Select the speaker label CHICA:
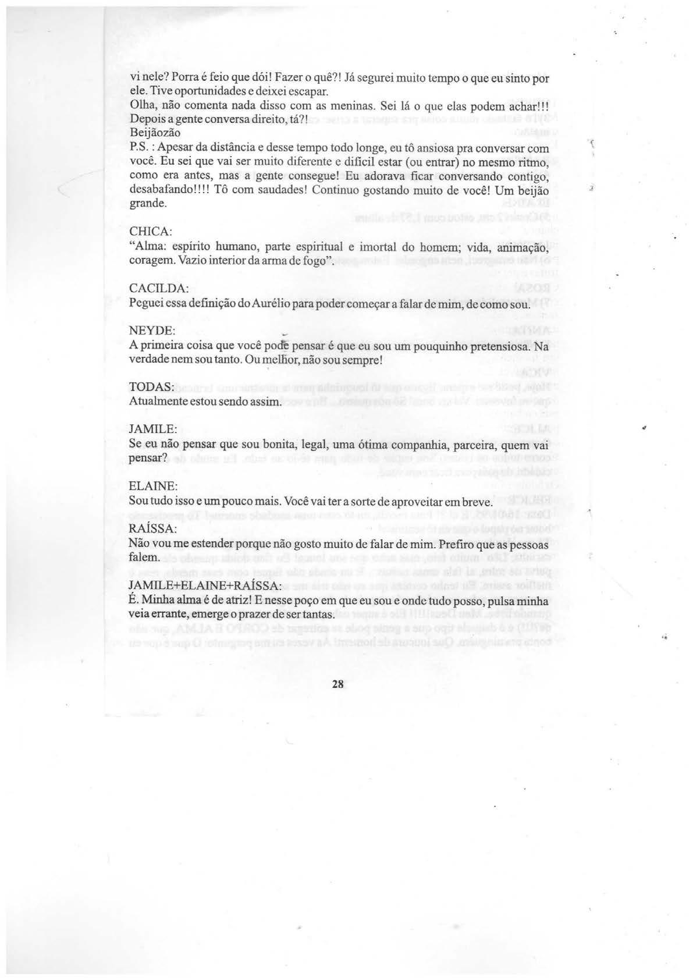[150, 232]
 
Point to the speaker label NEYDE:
[151, 331]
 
